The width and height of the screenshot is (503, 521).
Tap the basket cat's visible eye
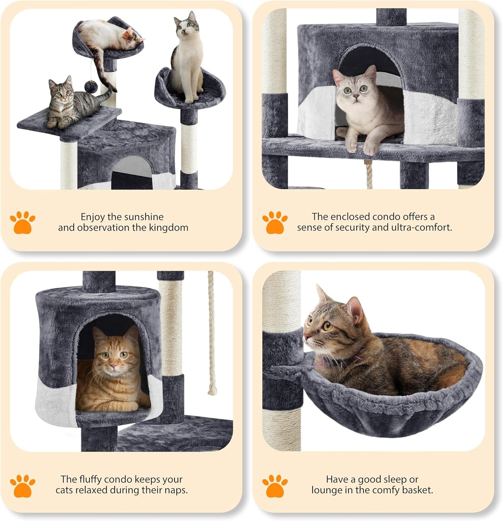328,326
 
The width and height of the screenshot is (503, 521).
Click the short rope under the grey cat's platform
369,176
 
